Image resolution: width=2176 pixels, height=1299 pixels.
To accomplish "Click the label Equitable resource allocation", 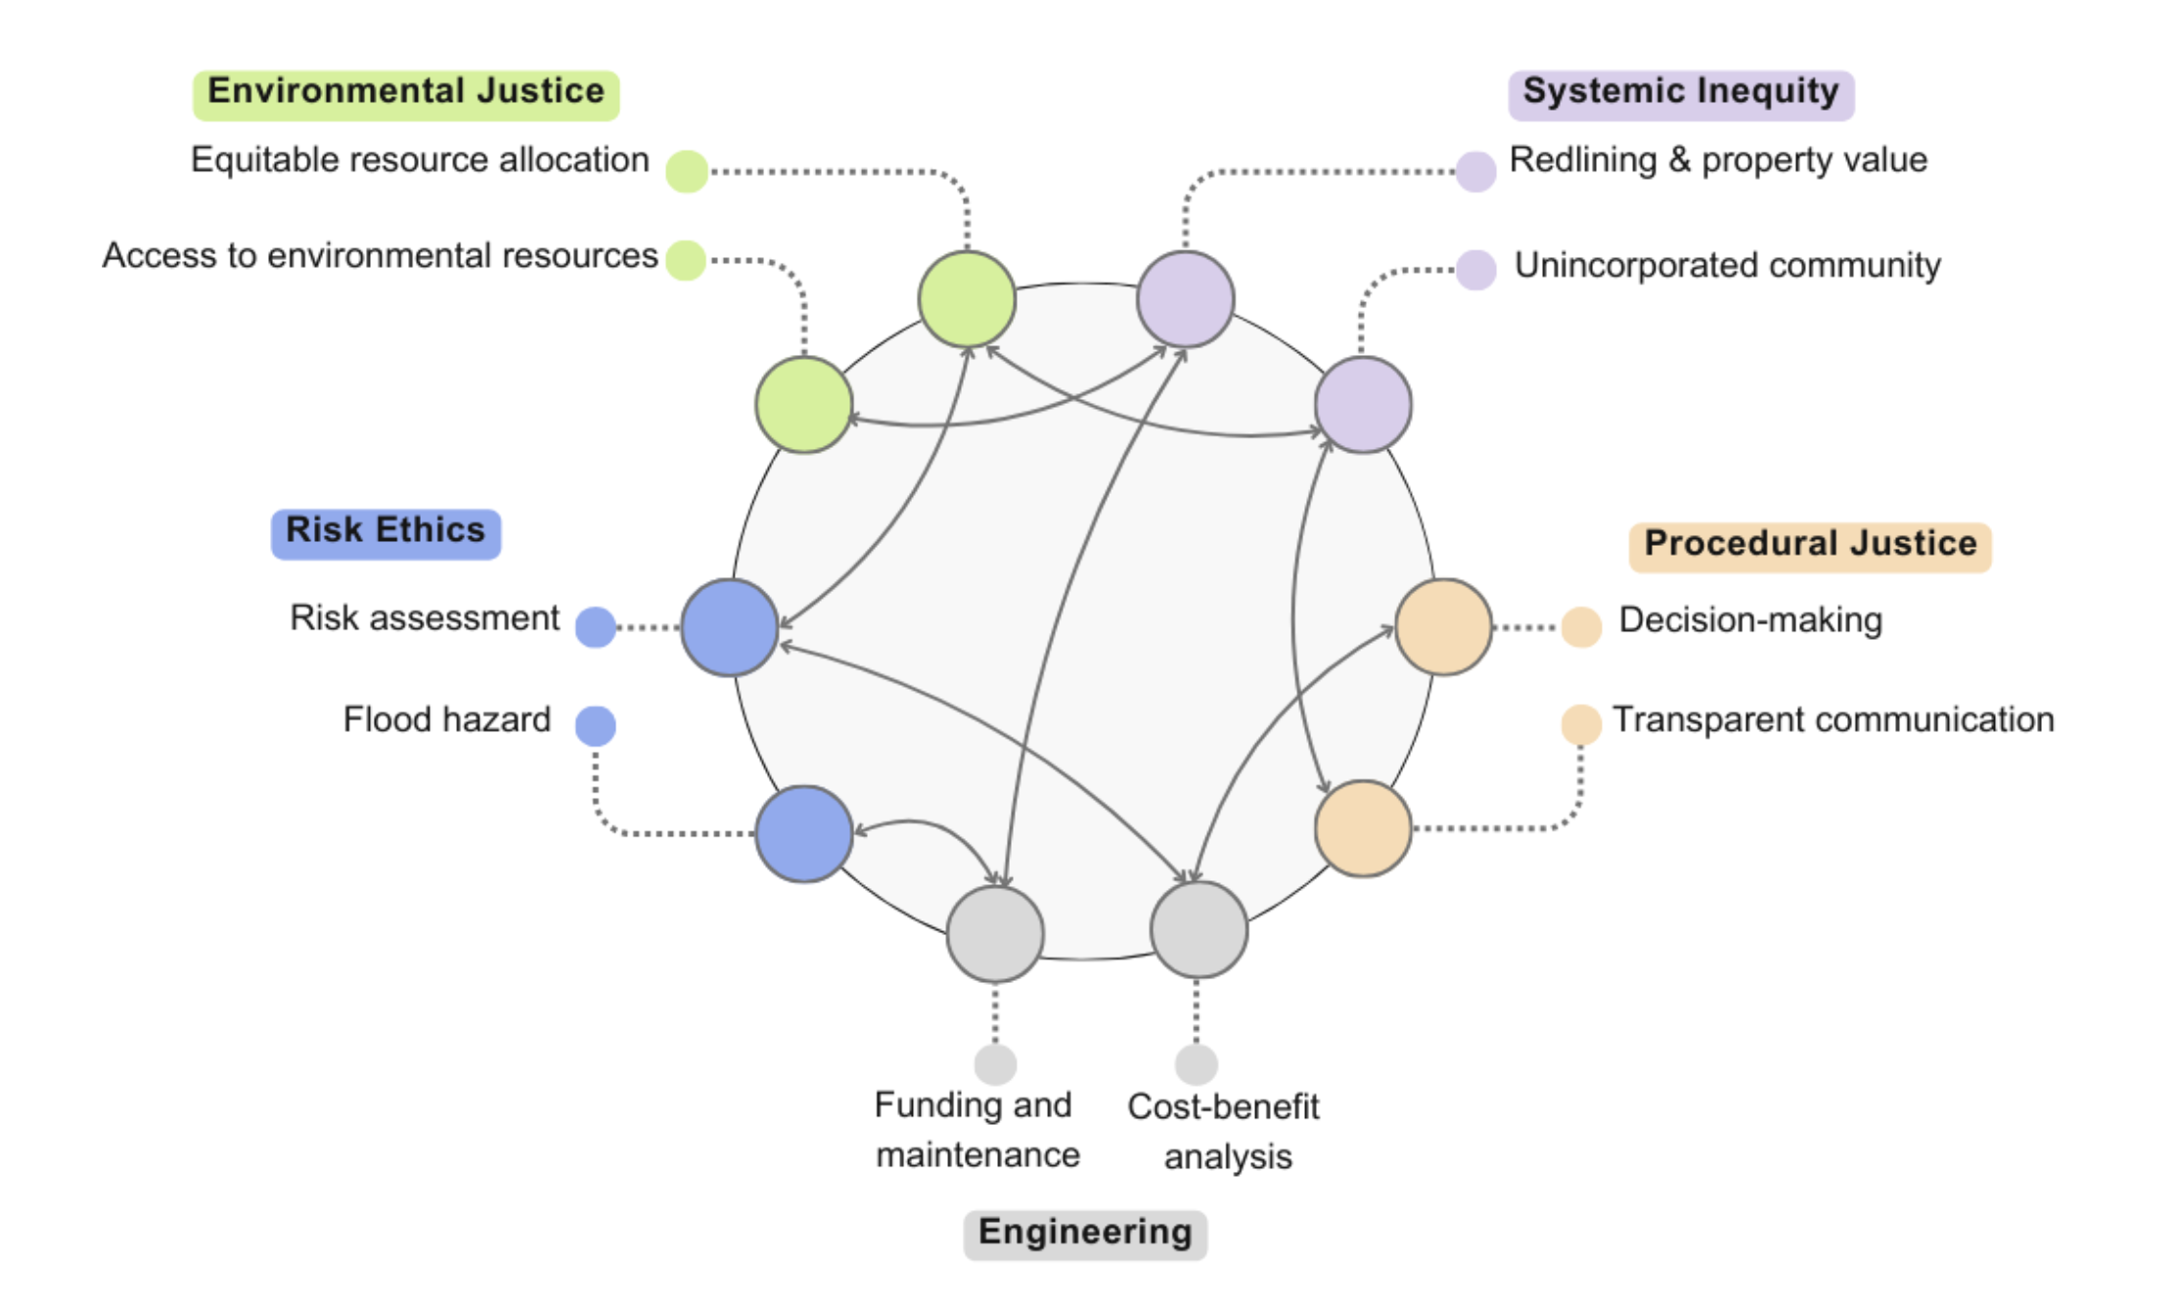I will pos(420,160).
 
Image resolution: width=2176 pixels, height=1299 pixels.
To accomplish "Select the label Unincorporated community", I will pos(1727,265).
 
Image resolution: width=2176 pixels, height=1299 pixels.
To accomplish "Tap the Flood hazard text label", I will pos(447,720).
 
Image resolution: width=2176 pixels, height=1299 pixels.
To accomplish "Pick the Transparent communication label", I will pos(1833,720).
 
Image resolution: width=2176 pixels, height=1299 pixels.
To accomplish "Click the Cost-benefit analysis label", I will pos(1225,1132).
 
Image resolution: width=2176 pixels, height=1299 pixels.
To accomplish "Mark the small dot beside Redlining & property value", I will pos(1475,172).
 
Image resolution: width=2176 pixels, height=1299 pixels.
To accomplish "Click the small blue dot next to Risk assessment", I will pos(595,627).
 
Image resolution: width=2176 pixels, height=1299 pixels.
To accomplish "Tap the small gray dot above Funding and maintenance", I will pos(995,1064).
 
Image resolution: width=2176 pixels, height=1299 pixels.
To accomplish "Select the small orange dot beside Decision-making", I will pos(1580,627).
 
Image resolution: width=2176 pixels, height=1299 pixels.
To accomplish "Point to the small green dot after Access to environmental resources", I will pos(686,260).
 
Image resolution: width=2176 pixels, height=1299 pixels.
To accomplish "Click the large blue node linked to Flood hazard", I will pos(804,833).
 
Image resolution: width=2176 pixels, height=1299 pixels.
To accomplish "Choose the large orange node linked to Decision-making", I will pos(1443,627).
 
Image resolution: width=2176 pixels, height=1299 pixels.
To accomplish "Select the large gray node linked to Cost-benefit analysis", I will pos(1199,929).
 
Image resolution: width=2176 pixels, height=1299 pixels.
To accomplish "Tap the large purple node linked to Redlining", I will pos(1185,299).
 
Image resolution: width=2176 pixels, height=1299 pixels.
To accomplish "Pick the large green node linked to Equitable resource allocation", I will pos(967,299).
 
